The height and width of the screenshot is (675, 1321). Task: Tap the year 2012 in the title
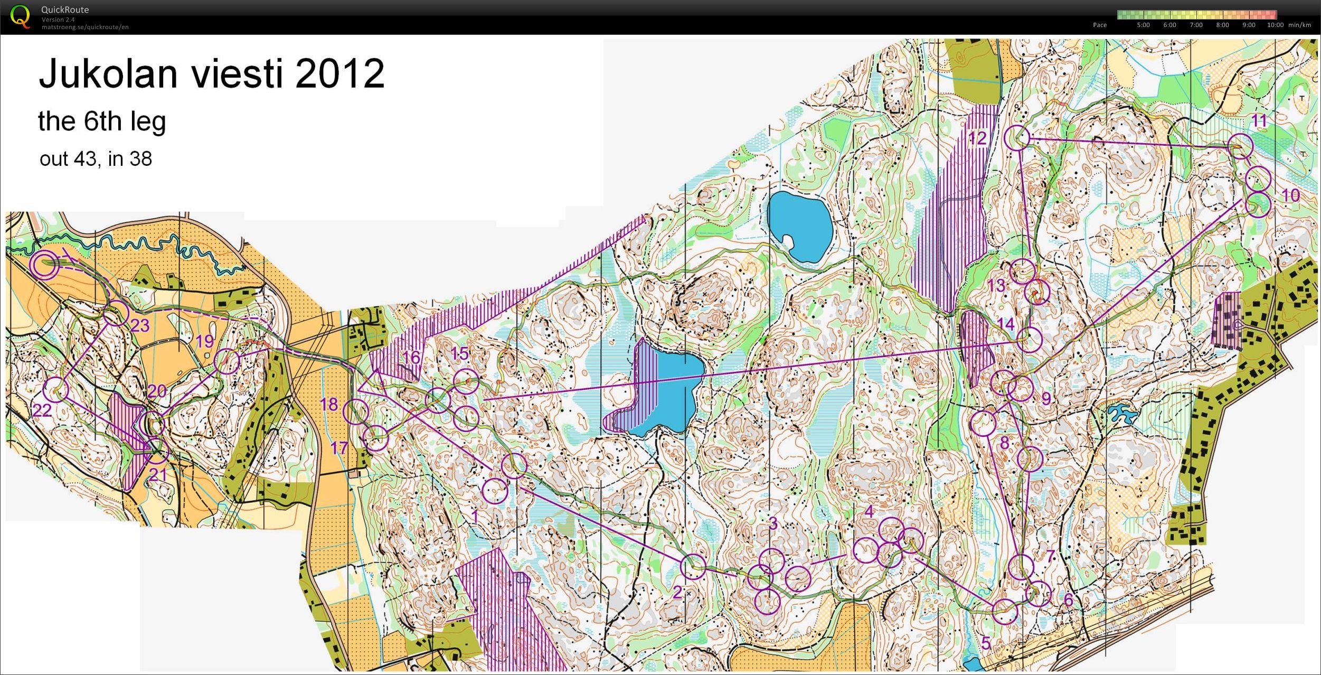pos(339,73)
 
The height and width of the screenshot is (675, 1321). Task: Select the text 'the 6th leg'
pos(102,121)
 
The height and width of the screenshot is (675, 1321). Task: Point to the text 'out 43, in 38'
pos(96,159)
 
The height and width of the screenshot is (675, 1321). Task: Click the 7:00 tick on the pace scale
pos(1196,25)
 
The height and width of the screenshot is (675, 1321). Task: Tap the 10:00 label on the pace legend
pos(1275,25)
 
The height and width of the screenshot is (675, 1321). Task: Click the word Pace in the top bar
pos(1100,25)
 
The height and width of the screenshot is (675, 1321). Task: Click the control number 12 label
pos(977,138)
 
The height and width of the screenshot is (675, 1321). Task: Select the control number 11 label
pos(1259,121)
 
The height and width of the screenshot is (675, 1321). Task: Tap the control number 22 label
pos(42,410)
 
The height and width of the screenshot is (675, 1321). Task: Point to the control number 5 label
pos(986,642)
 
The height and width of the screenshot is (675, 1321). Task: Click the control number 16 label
pos(411,358)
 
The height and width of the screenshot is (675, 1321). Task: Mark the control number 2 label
pos(677,592)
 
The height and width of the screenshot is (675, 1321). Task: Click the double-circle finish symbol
pos(44,265)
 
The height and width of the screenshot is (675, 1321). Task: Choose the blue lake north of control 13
pos(799,226)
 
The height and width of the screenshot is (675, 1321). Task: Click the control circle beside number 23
pos(116,314)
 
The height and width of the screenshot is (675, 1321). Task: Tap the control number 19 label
pos(205,341)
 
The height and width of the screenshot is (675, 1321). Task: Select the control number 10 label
pos(1290,195)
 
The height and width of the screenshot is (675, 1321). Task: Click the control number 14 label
pos(1006,324)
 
